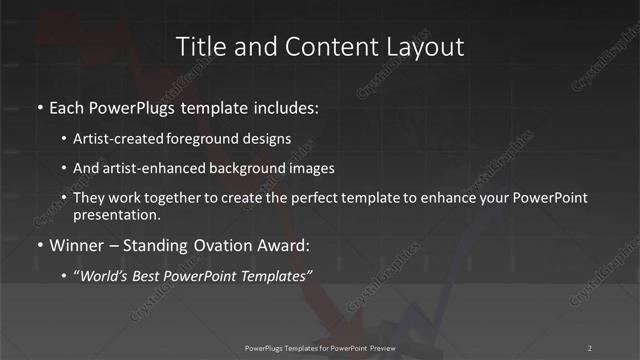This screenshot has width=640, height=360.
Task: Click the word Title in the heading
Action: click(x=198, y=46)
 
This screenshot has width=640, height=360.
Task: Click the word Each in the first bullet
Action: click(x=67, y=106)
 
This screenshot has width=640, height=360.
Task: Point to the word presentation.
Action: click(x=116, y=214)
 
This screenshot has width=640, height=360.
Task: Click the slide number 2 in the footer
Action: click(x=590, y=347)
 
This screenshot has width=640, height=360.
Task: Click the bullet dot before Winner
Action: click(x=39, y=245)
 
